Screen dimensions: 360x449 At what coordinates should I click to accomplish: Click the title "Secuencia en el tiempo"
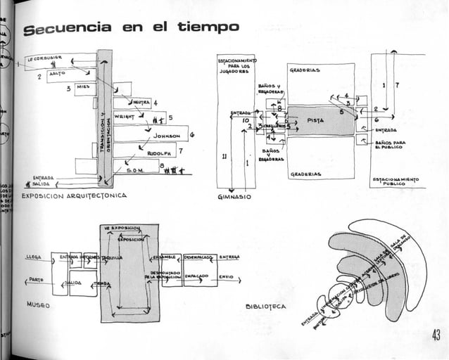pos(131,28)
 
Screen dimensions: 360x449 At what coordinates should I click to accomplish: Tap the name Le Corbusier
pos(45,59)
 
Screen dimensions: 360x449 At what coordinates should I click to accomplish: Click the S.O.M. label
pos(136,169)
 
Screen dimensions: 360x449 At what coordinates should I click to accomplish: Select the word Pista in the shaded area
pos(315,120)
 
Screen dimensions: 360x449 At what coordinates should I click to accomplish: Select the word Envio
pos(226,276)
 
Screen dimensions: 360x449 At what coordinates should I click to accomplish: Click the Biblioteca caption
pos(265,307)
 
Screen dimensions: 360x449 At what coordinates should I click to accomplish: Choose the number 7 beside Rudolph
pos(181,151)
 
